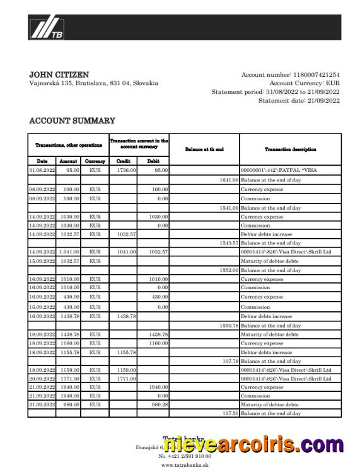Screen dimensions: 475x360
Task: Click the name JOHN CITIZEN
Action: click(x=59, y=74)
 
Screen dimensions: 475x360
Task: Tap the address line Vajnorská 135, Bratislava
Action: click(x=93, y=83)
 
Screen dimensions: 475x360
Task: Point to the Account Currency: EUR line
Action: click(x=304, y=83)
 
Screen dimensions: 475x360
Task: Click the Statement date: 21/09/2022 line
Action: click(x=299, y=100)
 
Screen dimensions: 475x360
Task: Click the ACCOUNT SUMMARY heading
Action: click(x=72, y=120)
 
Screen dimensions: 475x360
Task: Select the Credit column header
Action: click(x=123, y=161)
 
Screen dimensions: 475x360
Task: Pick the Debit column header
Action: click(x=153, y=161)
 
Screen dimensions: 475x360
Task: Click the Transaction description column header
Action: click(x=290, y=149)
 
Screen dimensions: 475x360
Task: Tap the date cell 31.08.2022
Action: click(x=42, y=170)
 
